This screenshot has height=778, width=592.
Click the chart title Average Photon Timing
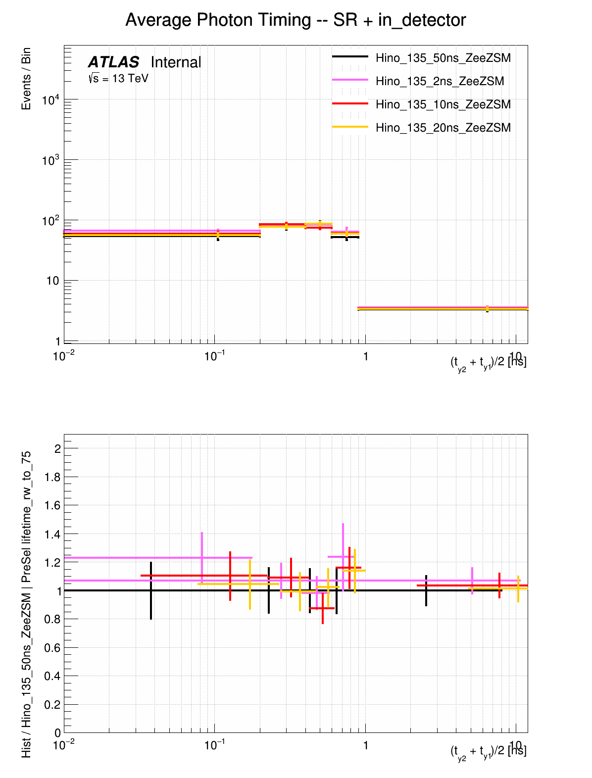pyautogui.click(x=296, y=20)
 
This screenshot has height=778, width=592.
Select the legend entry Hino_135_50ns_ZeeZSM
pyautogui.click(x=443, y=58)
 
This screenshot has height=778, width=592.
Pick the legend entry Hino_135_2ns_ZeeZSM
pyautogui.click(x=440, y=81)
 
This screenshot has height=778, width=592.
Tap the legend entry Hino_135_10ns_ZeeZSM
pyautogui.click(x=443, y=104)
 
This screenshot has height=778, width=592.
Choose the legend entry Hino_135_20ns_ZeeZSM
pyautogui.click(x=443, y=128)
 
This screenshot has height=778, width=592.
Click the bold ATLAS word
pyautogui.click(x=113, y=62)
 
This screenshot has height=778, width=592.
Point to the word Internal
pyautogui.click(x=176, y=62)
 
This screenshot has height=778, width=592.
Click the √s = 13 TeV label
pyautogui.click(x=118, y=78)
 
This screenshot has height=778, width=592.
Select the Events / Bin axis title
pyautogui.click(x=26, y=79)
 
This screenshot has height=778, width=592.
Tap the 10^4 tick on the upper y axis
pyautogui.click(x=50, y=100)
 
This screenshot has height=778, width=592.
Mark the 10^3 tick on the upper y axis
pyautogui.click(x=50, y=160)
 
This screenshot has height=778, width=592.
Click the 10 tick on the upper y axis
pyautogui.click(x=53, y=281)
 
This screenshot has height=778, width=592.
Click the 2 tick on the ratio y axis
pyautogui.click(x=57, y=449)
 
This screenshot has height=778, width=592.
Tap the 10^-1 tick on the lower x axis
pyautogui.click(x=214, y=745)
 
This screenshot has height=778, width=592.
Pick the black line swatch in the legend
pyautogui.click(x=350, y=57)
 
